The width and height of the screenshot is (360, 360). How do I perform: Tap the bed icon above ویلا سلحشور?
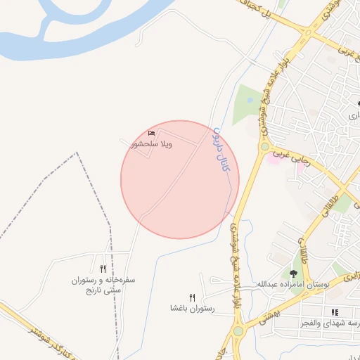coord(152,133)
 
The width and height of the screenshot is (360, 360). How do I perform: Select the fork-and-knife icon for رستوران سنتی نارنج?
coord(103,269)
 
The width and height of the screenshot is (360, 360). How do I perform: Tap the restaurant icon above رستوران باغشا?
coord(192,297)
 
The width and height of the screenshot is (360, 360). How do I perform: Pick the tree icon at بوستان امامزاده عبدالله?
coord(293,273)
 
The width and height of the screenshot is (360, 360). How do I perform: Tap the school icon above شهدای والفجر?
coord(335,311)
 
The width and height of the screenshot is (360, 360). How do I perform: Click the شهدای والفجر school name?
coord(333,322)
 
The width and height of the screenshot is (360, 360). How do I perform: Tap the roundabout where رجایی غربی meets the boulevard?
coord(265,147)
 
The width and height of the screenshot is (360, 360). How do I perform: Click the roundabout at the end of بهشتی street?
coord(238,330)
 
